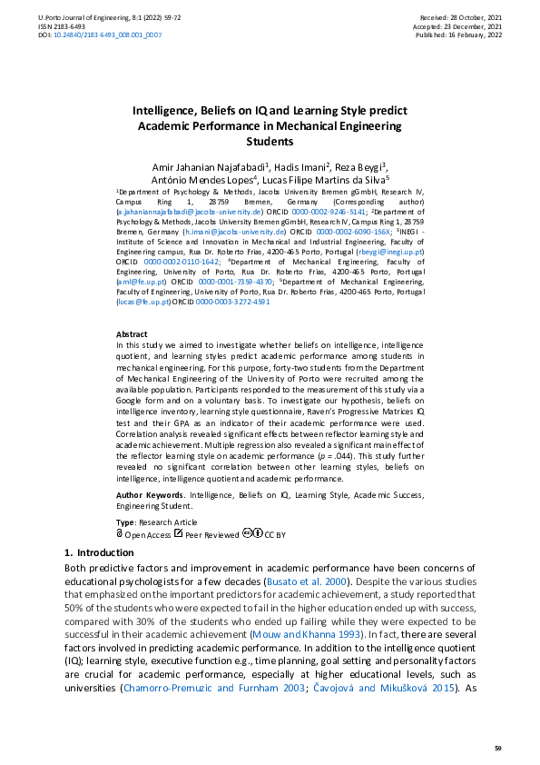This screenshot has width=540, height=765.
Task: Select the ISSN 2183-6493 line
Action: coord(42,25)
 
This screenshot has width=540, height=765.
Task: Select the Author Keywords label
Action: coord(151,493)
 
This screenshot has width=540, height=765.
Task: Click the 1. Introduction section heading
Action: coord(99,552)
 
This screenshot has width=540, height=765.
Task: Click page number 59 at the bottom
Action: coord(497,747)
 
